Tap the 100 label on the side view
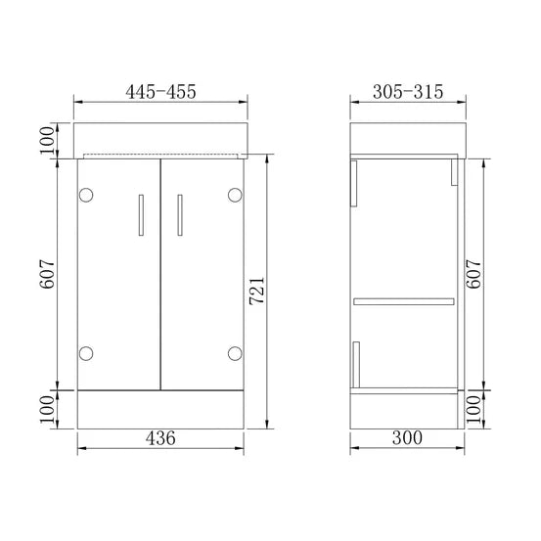pos(474,406)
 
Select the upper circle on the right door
pos(234,195)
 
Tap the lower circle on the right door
pos(234,351)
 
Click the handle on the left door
pos(142,214)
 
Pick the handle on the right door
pos(179,214)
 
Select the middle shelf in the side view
pos(404,298)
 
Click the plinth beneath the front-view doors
pos(160,405)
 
